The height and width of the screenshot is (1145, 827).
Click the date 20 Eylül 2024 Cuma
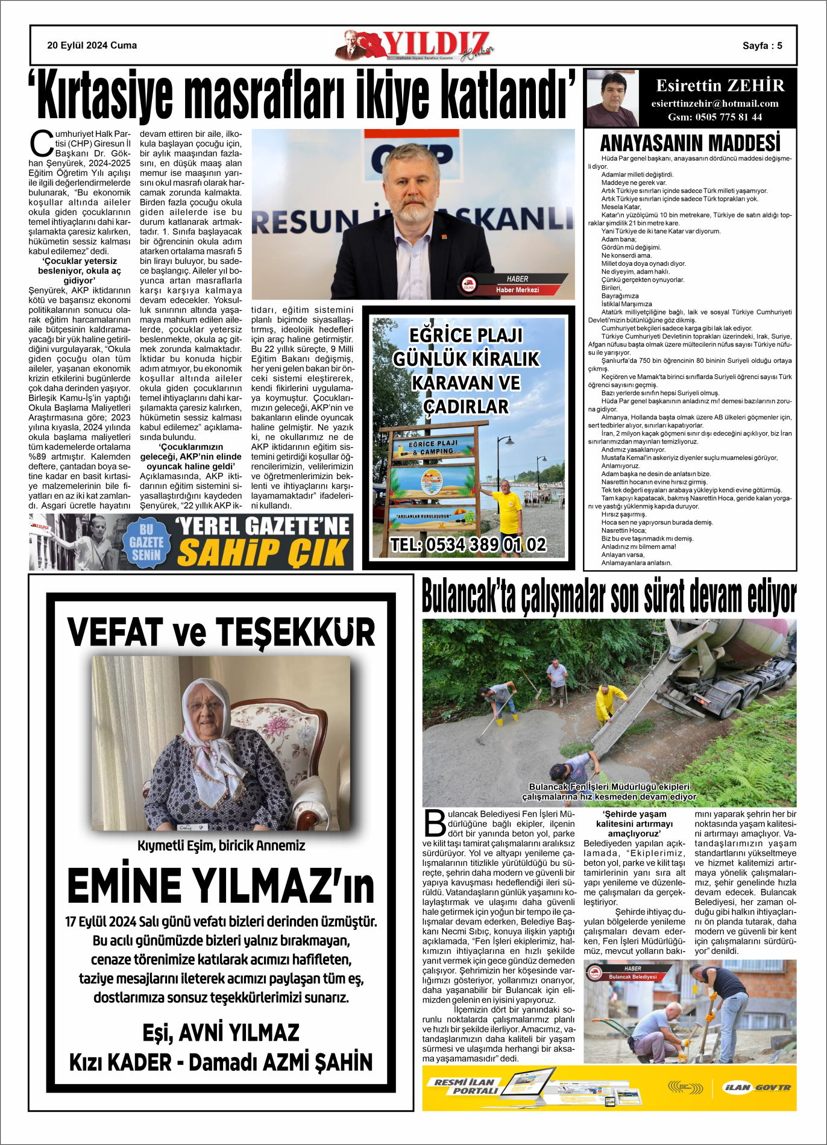click(92, 45)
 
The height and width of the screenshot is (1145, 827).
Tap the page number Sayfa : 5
click(762, 46)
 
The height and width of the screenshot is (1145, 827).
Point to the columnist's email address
click(715, 104)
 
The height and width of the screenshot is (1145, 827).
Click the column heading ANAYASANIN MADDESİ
click(690, 143)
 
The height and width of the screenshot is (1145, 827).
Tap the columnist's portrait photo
click(612, 99)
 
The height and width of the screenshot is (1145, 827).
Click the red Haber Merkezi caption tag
click(517, 290)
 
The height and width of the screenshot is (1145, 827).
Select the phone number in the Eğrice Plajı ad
click(468, 545)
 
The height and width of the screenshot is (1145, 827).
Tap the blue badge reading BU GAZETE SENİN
click(146, 542)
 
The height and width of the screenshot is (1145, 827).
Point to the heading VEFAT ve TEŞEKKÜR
click(221, 632)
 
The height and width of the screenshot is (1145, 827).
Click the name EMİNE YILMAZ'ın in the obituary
click(221, 886)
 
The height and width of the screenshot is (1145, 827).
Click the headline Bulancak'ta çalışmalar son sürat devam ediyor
click(609, 595)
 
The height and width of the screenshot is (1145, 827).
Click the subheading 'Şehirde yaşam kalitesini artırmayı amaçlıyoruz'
click(635, 823)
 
